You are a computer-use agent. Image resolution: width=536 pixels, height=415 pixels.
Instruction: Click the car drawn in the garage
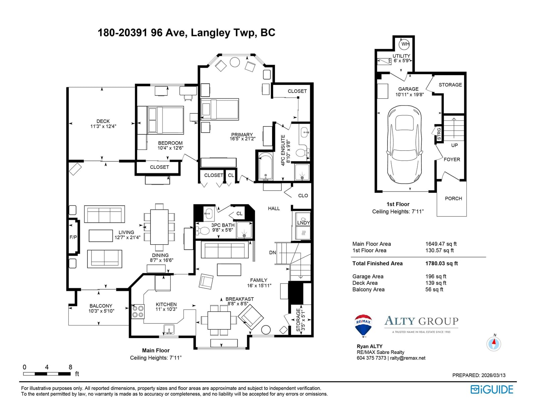[405, 145]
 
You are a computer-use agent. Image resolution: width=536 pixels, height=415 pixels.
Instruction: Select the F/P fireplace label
[73, 237]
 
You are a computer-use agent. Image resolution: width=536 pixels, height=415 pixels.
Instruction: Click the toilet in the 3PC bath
[202, 231]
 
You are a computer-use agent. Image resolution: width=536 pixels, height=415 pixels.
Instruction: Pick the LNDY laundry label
[304, 222]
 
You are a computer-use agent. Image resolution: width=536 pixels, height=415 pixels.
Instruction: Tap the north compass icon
[493, 344]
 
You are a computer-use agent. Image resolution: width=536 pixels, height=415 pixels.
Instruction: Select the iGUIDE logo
[491, 390]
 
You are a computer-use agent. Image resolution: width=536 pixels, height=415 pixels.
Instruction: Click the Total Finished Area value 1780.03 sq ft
[442, 263]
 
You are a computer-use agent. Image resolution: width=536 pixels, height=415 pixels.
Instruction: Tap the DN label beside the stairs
[272, 253]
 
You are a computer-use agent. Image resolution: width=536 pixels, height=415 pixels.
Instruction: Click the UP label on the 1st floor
[454, 145]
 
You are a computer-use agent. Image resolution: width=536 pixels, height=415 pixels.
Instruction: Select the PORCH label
[453, 198]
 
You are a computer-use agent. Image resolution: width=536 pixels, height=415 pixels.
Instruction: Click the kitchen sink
[169, 329]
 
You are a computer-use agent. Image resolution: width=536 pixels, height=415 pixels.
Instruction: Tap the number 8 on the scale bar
[70, 367]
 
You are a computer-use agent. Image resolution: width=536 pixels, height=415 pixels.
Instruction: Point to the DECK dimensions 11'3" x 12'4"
[103, 126]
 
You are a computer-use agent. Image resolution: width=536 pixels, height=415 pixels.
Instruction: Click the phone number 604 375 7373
[371, 358]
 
